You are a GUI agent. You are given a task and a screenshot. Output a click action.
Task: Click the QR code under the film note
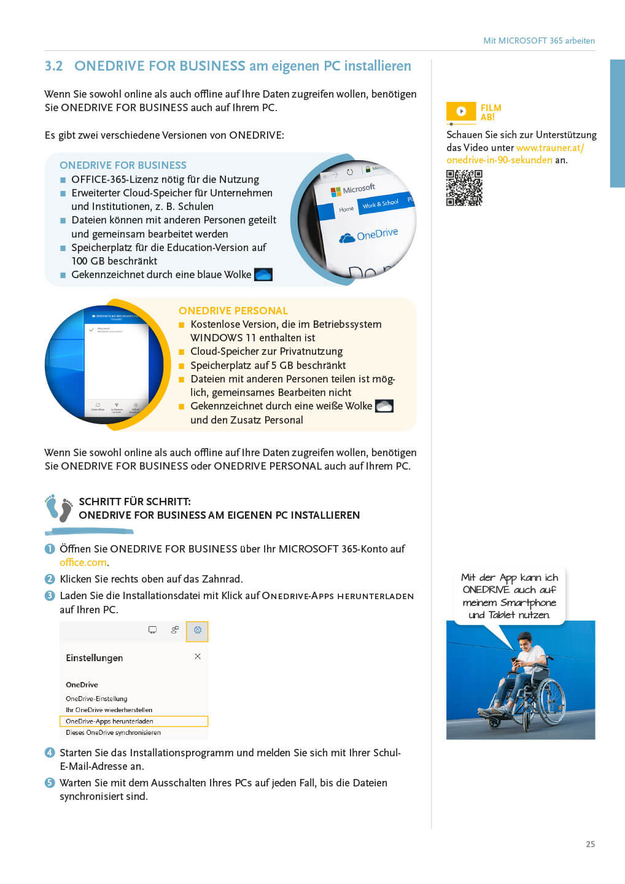coord(464,188)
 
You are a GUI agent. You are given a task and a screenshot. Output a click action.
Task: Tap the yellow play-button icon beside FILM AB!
coord(461,111)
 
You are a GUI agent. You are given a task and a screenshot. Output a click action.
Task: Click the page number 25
coord(590,844)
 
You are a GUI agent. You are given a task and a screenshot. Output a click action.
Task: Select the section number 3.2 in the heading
coord(53,66)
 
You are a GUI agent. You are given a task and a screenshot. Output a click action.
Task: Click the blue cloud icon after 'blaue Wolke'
coord(263,274)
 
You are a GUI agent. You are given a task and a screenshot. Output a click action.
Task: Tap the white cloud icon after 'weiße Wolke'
coord(384,406)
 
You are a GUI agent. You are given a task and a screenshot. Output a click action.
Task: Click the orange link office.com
coord(83,562)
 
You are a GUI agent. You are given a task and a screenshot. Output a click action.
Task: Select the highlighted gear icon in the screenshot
coord(197,630)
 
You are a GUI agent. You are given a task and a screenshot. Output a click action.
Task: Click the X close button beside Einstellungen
coord(198,656)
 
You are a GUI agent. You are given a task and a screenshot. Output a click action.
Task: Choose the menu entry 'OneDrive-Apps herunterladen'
coord(109,721)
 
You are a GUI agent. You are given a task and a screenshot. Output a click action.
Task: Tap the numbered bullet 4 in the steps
coord(50,753)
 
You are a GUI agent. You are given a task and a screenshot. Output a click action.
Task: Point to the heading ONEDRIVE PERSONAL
coord(233,311)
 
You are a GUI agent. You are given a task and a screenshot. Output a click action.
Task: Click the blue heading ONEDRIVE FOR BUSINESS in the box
coord(123,165)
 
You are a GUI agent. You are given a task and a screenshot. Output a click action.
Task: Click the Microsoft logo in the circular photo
coord(336,192)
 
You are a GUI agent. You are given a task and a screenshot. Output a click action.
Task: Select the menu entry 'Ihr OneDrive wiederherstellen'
coord(109,710)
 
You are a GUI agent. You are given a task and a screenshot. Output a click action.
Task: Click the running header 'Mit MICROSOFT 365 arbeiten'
coord(538,41)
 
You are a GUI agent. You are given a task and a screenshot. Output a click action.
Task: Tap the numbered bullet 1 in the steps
coord(50,549)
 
